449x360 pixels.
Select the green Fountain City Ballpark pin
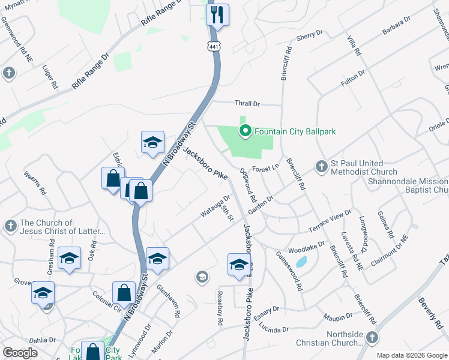click(245, 130)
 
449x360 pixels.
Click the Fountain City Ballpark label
click(295, 131)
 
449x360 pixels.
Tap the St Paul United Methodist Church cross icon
click(322, 166)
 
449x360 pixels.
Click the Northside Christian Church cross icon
click(372, 338)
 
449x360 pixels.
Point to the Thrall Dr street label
click(247, 104)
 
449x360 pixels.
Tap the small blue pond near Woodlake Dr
click(301, 262)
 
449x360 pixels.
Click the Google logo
click(20, 353)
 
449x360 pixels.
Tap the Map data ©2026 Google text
click(411, 355)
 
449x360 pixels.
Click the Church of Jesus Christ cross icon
click(10, 226)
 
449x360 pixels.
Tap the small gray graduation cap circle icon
click(202, 277)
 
